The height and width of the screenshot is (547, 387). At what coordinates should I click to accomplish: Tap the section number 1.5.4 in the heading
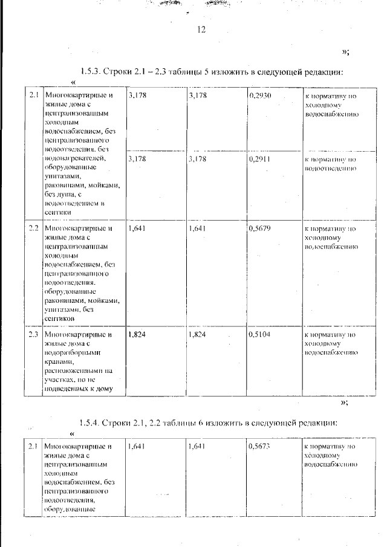91,422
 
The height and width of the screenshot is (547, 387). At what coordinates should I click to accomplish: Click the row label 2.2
33,229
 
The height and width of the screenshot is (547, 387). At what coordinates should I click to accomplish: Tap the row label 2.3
33,334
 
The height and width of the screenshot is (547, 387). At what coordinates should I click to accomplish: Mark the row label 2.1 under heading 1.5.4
33,447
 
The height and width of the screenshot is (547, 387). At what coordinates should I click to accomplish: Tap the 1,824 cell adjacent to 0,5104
199,334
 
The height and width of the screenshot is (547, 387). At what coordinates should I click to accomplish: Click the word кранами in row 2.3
57,361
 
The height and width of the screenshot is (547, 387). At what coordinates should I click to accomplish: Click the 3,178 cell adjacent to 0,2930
199,96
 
